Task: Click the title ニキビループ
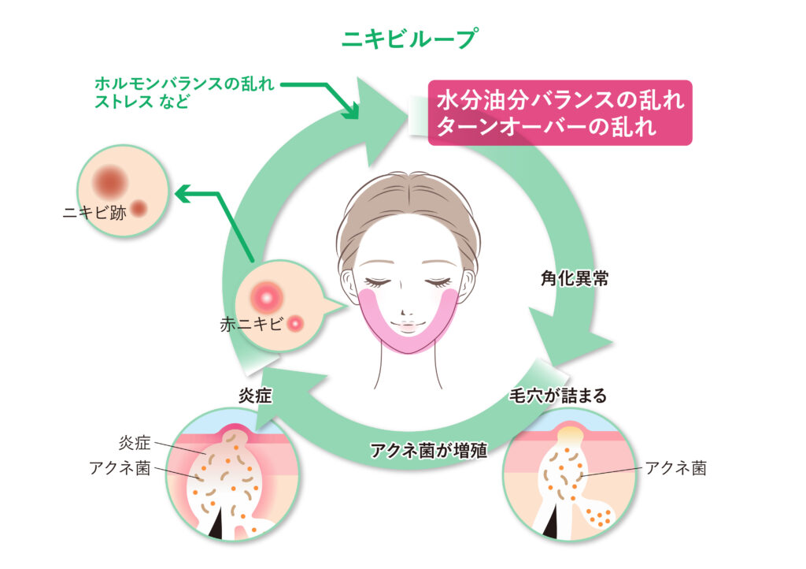tap(402, 38)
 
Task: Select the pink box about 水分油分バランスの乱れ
tap(560, 113)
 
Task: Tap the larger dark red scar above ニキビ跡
tap(109, 180)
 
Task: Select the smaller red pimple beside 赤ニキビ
tap(296, 322)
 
